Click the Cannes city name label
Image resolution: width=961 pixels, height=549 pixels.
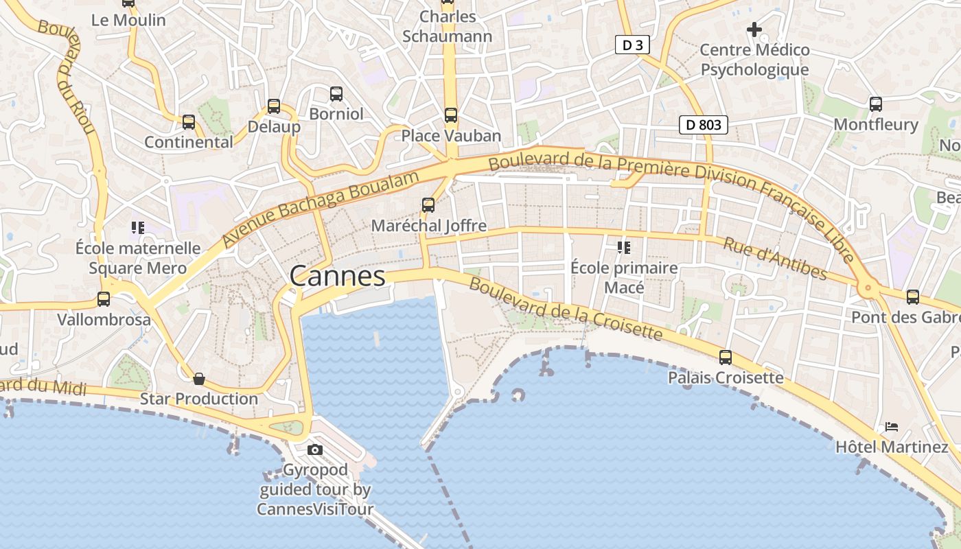[337, 276]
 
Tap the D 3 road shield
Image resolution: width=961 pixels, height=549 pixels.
[632, 45]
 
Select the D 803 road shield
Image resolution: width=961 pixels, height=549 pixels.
[704, 125]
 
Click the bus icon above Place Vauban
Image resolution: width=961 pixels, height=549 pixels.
[450, 115]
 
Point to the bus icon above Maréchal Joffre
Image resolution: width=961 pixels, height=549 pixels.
[428, 205]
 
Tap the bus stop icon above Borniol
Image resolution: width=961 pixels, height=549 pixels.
[336, 94]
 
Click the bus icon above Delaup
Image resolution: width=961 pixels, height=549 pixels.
[274, 106]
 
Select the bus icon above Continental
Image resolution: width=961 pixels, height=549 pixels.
[189, 122]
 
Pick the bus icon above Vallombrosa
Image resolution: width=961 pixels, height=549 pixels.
[104, 299]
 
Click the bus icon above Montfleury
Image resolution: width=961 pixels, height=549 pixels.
[876, 104]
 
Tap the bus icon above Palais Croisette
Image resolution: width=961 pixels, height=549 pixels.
[726, 358]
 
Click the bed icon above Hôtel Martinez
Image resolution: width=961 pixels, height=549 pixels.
[892, 427]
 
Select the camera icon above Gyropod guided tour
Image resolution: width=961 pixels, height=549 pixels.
[315, 450]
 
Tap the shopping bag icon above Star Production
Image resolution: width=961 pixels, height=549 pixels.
[199, 379]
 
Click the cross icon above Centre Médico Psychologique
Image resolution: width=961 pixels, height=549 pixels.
[754, 30]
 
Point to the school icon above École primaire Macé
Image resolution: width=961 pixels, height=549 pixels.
[623, 247]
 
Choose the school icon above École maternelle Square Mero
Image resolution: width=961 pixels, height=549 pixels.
[137, 228]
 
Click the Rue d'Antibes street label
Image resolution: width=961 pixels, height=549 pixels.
[776, 259]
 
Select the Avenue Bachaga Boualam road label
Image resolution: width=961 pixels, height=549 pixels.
[321, 209]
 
